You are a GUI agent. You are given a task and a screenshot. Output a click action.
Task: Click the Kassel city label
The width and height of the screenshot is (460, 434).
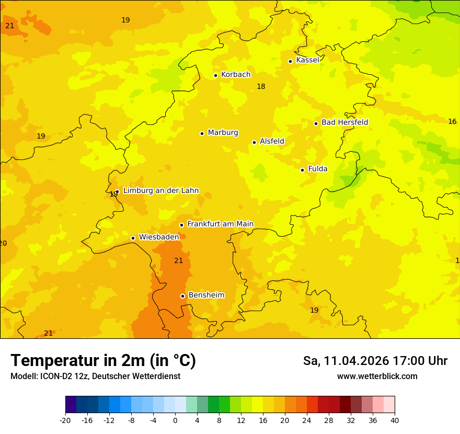307,60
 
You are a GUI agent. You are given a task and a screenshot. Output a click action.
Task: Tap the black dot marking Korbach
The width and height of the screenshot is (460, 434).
215,75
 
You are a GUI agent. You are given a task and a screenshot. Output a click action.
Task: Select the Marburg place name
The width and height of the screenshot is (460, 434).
223,133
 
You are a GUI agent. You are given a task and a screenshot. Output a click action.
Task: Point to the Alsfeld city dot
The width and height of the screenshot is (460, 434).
254,142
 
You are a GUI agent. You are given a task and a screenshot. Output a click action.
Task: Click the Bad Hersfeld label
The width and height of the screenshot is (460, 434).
344,122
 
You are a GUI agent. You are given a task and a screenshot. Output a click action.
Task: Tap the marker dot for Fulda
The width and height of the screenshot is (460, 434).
302,170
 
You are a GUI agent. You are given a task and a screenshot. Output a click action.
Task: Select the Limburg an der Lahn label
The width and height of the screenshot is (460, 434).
160,191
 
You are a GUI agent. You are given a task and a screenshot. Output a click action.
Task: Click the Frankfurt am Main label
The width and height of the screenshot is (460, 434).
220,224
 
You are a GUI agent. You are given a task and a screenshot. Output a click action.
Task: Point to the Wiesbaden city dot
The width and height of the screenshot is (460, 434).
133,238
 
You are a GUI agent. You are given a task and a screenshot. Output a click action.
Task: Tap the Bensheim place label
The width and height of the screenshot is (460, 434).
206,295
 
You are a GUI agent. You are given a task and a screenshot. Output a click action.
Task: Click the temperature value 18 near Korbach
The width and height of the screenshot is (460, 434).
261,86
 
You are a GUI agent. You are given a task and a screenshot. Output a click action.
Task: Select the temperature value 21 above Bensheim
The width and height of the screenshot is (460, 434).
178,260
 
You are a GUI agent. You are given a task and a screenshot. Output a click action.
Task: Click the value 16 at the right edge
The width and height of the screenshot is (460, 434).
452,121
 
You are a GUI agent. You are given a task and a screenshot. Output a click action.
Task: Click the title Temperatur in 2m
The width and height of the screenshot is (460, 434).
103,360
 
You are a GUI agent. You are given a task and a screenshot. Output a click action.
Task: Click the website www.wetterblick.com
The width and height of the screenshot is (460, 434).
377,376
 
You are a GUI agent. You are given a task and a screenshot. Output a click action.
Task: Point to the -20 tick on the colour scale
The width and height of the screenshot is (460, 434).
65,420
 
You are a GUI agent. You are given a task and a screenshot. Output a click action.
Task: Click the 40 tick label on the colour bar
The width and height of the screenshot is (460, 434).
395,420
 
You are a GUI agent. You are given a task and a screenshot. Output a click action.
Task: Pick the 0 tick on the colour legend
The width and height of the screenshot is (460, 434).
175,420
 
